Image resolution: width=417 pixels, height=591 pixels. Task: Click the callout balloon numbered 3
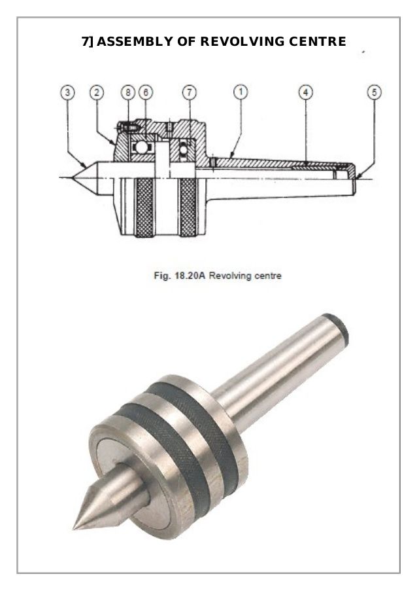pos(68,93)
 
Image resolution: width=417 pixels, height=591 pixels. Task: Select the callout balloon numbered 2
pos(97,93)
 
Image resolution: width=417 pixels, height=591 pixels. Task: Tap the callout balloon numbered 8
pos(128,93)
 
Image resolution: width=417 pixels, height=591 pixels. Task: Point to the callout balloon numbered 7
pos(188,93)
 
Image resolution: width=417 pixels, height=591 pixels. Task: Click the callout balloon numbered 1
pos(241,93)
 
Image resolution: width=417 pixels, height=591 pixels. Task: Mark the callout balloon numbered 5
pos(374,93)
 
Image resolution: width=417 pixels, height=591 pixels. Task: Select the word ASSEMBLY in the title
pos(134,43)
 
